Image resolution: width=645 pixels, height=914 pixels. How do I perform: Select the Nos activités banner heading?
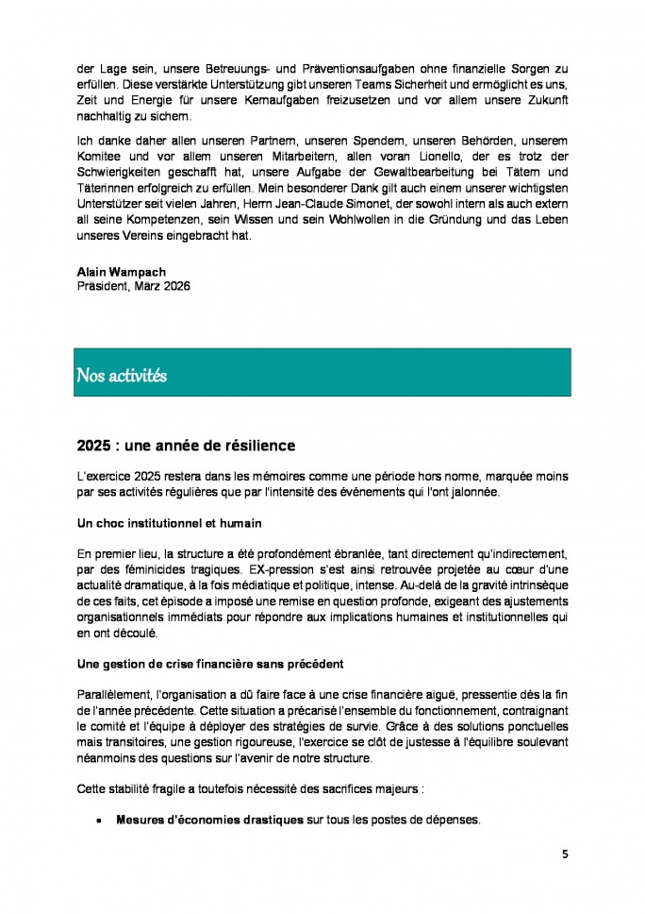click(x=122, y=376)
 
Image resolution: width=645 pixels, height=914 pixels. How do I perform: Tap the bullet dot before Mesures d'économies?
click(x=99, y=821)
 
